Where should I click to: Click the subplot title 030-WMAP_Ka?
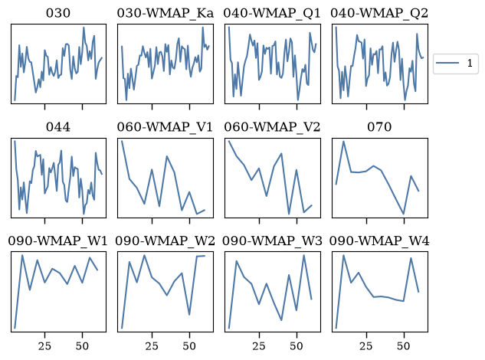click(165, 13)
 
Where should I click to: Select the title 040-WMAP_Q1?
click(272, 13)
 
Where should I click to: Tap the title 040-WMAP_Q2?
click(379, 13)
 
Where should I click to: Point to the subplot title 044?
click(58, 127)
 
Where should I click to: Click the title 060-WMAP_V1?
click(165, 127)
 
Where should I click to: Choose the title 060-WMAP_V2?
click(272, 127)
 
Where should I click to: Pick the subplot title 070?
click(379, 127)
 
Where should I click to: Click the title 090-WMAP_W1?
click(57, 241)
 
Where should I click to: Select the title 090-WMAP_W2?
click(165, 241)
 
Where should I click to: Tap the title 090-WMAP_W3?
click(272, 241)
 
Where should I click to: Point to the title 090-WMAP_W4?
click(379, 241)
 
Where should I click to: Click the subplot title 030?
click(58, 13)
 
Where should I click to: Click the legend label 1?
click(470, 63)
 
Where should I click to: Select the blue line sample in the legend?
click(447, 63)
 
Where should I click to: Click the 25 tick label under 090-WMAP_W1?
click(44, 346)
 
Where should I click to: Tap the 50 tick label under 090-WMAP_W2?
click(189, 346)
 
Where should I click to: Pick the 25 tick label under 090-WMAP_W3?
click(259, 346)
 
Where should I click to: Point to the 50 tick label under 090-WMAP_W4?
click(404, 346)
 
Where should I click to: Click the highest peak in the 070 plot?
click(344, 142)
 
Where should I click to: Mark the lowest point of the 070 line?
click(404, 214)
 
